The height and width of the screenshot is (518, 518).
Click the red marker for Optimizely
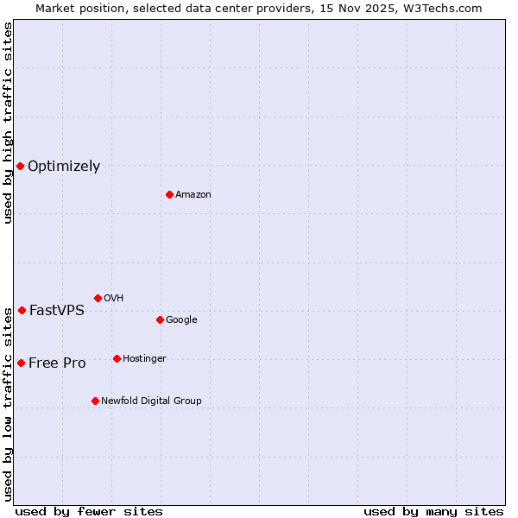point(20,166)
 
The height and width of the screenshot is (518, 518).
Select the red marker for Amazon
point(169,194)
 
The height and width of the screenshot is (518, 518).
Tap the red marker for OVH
point(98,298)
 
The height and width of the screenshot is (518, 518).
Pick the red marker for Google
point(160,319)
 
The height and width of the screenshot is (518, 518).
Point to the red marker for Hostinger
point(117,358)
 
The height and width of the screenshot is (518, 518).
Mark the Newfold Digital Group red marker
point(95,401)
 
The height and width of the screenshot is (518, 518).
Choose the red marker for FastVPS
point(22,310)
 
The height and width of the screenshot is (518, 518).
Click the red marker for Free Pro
point(21,363)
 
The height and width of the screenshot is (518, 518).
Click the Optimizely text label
point(64,167)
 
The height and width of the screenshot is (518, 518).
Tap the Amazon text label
point(193,195)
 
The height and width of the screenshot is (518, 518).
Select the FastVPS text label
point(57,311)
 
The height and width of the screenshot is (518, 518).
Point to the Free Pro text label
point(57,363)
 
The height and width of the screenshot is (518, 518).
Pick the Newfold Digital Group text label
point(151,401)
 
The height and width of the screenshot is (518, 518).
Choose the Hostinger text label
point(144,358)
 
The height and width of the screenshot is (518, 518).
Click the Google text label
point(181,319)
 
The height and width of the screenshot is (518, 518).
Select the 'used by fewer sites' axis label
point(89,511)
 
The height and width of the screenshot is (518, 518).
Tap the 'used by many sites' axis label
point(433,511)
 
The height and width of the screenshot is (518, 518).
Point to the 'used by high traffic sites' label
point(8,123)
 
